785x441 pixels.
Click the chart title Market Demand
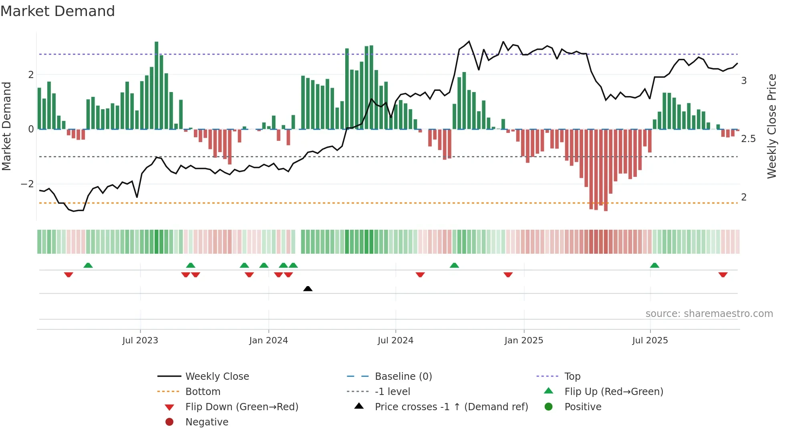58,11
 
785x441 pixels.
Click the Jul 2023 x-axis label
140,341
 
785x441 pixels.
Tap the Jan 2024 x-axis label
268,341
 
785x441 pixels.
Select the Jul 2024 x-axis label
395,341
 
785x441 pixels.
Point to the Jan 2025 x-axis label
523,341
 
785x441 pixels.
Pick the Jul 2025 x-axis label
650,341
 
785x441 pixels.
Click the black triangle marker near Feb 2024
308,289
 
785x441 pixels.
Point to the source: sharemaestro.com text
709,314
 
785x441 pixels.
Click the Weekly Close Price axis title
772,126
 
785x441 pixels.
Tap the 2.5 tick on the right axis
748,139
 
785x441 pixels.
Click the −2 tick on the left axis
27,184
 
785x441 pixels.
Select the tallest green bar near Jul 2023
157,85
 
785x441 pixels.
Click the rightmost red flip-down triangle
723,275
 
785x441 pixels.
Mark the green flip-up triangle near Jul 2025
654,265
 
